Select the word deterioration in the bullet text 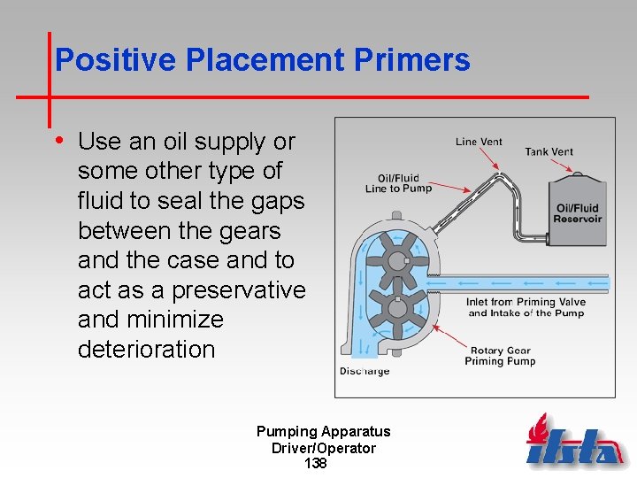pyautogui.click(x=146, y=350)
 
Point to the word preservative pyautogui.click(x=238, y=290)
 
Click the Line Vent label pyautogui.click(x=479, y=141)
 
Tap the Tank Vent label pyautogui.click(x=549, y=151)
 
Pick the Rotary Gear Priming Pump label pyautogui.click(x=500, y=356)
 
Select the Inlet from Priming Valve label pyautogui.click(x=526, y=307)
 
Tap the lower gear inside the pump pyautogui.click(x=397, y=310)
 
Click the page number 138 pyautogui.click(x=316, y=464)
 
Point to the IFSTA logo pyautogui.click(x=575, y=443)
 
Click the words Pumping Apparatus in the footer pyautogui.click(x=323, y=432)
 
